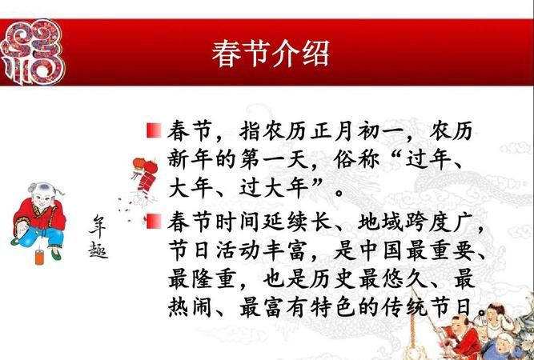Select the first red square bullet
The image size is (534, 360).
[155, 129]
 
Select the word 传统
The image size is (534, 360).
[410, 310]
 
